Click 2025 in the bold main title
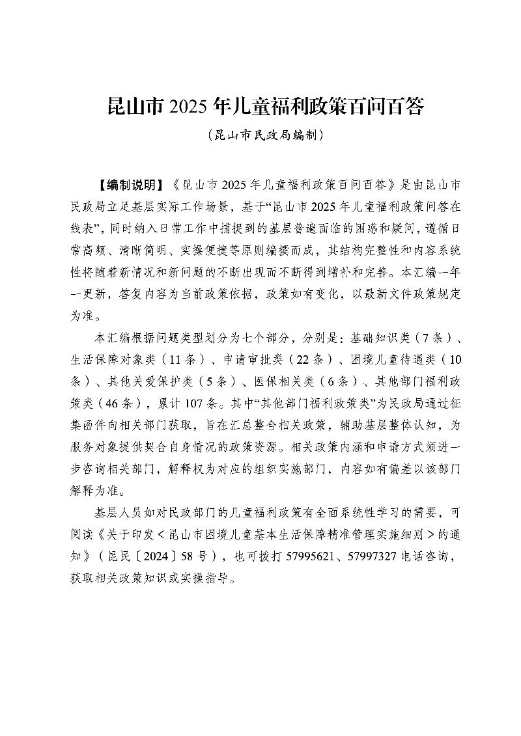click(189, 106)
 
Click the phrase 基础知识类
click(377, 340)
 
